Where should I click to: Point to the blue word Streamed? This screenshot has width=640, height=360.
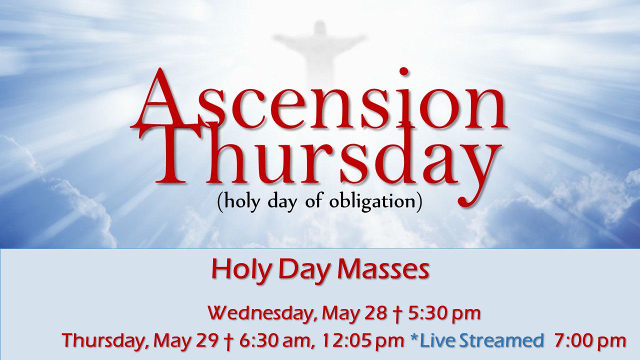pyautogui.click(x=501, y=341)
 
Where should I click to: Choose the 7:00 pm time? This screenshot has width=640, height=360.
pyautogui.click(x=590, y=341)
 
